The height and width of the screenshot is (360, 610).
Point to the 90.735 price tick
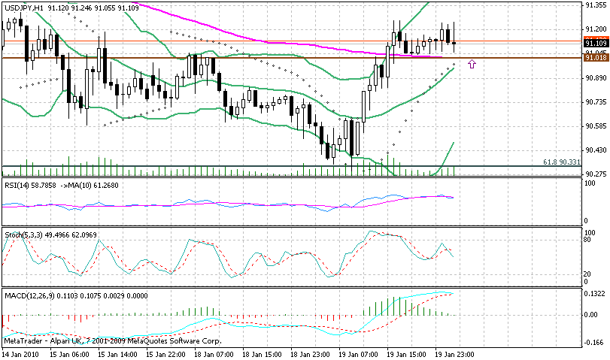pos(596,101)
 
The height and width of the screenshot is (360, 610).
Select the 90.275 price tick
pos(596,174)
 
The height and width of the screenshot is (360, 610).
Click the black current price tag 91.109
pos(596,44)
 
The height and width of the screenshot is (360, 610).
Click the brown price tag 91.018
pos(596,58)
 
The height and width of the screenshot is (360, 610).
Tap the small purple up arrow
pos(472,65)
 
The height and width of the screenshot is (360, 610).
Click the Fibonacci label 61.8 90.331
pos(561,162)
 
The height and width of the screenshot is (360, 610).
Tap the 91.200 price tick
pos(596,29)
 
